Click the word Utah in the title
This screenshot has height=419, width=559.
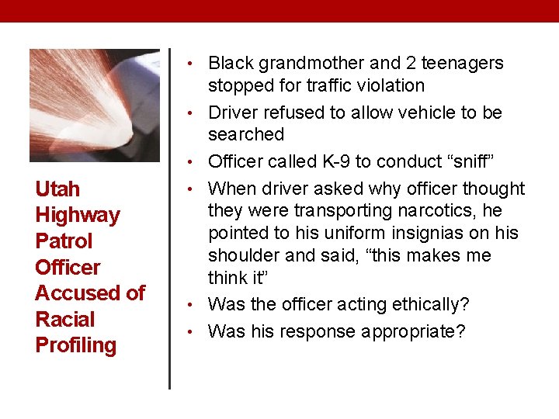tap(57, 189)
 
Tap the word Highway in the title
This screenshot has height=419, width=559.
tap(78, 216)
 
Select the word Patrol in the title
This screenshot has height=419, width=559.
tap(64, 241)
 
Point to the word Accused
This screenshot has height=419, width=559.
tap(78, 293)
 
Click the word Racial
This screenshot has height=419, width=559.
tap(65, 319)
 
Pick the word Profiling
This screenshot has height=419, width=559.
tap(76, 345)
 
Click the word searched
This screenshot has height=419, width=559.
tap(246, 134)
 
